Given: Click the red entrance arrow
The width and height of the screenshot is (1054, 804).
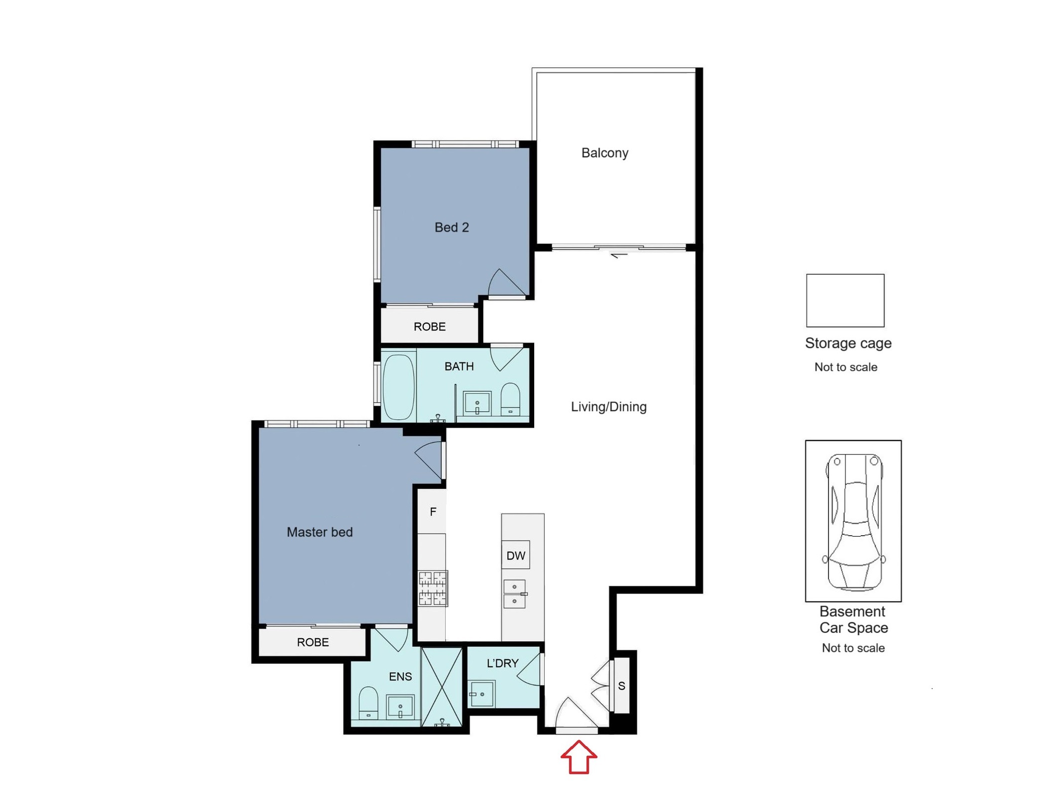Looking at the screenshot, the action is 579,757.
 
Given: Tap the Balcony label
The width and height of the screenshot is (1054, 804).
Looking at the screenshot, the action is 605,153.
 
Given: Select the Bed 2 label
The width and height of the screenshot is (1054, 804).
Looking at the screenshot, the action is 452,228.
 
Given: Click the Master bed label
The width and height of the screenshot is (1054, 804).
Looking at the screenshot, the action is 320,532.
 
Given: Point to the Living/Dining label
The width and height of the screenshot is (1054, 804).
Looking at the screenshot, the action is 608,407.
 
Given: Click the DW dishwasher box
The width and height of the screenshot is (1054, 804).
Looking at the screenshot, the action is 516,555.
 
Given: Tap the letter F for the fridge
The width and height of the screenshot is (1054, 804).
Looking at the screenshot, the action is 433,511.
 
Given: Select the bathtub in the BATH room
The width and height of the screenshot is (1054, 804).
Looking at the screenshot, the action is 399,387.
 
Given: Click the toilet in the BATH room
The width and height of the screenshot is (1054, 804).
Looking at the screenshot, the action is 510,399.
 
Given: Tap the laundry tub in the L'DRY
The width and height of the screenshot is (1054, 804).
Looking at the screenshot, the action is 482,694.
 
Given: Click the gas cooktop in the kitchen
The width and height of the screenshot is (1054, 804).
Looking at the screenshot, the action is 433,588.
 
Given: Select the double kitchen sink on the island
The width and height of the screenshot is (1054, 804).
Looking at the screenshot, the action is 515,594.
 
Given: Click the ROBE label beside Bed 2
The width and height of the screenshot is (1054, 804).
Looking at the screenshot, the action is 430,327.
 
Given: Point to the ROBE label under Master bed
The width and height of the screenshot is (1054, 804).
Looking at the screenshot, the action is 313,642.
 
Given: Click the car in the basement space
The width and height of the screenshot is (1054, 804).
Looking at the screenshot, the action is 854,521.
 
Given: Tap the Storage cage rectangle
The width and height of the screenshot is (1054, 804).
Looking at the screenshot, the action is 845,301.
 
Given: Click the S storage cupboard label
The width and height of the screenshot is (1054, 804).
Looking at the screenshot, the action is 621,686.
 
